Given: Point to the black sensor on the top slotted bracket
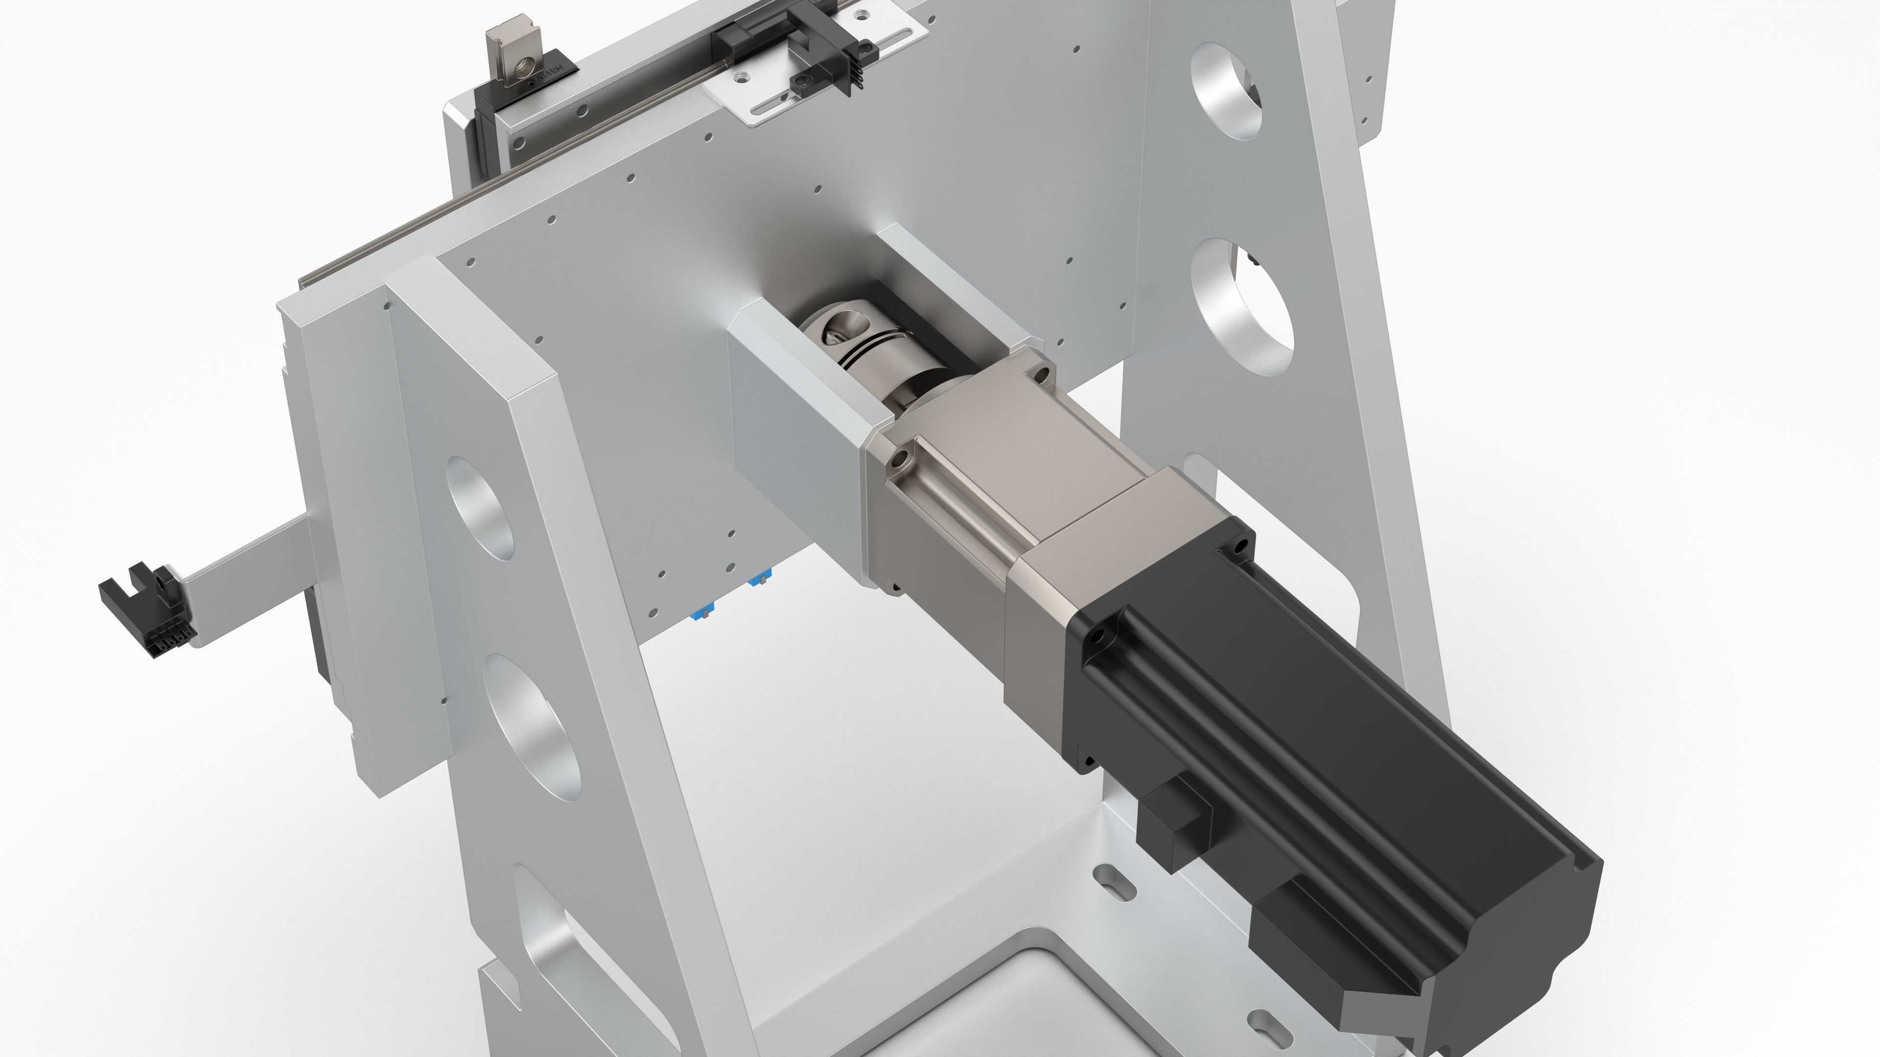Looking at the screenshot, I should point(832,58).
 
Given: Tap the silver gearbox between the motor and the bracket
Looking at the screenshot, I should point(1022,496).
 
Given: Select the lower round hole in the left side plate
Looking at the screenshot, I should point(533,722).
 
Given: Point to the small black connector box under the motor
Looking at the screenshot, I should point(1175,824).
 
